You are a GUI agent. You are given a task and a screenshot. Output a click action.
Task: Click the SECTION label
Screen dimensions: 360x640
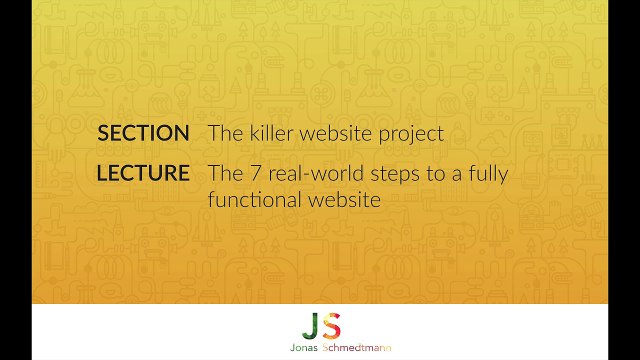tap(144, 133)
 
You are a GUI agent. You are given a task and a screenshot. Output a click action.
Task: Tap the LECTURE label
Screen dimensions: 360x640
tap(143, 173)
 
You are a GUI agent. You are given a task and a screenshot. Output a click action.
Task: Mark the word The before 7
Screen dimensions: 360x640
tap(224, 173)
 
